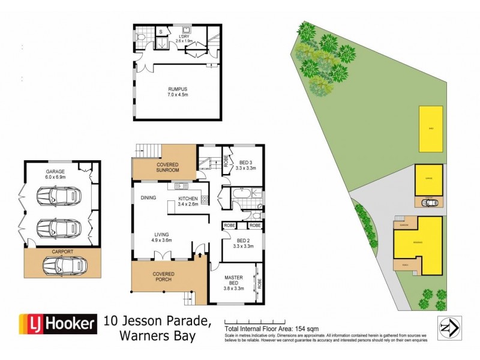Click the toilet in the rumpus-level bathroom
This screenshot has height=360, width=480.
click(139, 36)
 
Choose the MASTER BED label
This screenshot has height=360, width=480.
click(233, 280)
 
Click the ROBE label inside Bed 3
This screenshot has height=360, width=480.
click(226, 161)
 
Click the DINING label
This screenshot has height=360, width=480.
click(148, 197)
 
